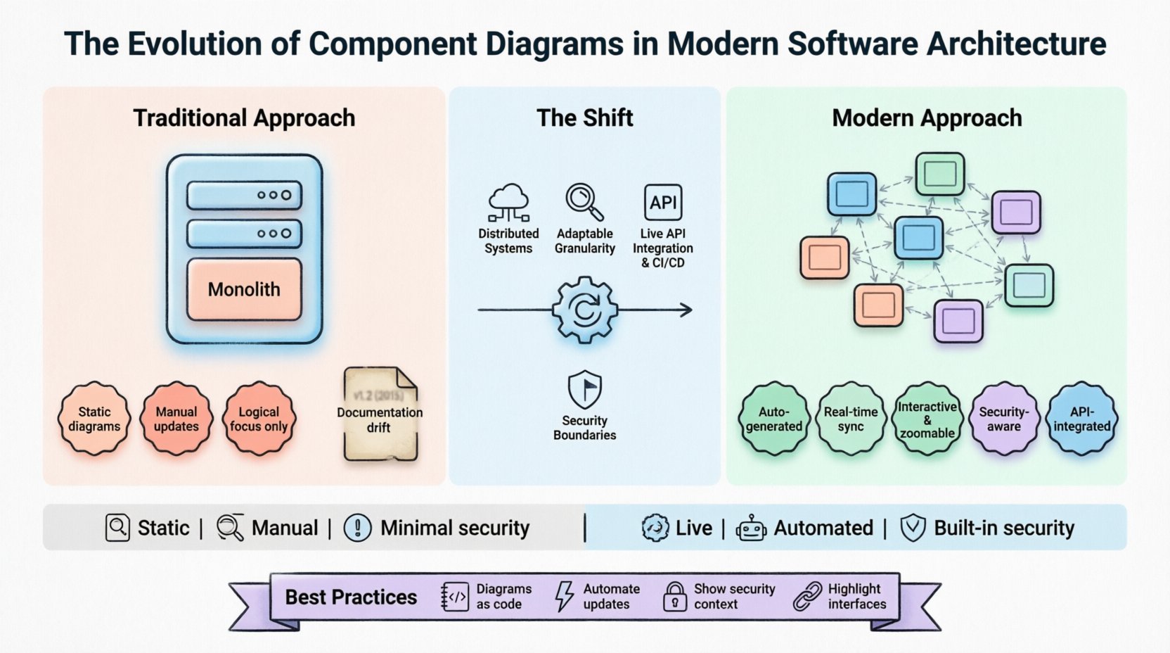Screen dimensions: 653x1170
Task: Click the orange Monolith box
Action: (244, 289)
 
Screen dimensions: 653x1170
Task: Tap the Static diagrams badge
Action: (94, 419)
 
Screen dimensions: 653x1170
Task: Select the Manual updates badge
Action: (176, 419)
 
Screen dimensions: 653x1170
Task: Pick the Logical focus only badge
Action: (259, 419)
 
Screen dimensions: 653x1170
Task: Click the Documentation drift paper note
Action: (380, 415)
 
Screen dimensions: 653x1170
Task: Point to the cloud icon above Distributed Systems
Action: (508, 202)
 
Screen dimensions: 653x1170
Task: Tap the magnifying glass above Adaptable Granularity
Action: (584, 201)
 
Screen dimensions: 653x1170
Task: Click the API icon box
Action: (663, 203)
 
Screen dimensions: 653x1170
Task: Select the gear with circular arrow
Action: (584, 310)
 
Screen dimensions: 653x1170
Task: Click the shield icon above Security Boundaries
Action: (584, 389)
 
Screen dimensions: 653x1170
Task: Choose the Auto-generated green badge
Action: (773, 419)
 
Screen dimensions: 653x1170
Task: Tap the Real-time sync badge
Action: (851, 419)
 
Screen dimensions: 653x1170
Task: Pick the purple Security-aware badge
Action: (1004, 419)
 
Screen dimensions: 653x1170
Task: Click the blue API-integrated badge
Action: (1081, 419)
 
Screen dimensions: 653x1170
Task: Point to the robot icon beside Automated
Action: (751, 528)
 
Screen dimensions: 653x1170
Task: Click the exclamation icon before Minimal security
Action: (357, 528)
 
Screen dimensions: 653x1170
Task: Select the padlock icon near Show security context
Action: (675, 596)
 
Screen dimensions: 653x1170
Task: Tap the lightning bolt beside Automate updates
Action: (564, 596)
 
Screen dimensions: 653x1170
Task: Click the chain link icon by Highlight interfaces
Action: (807, 596)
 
